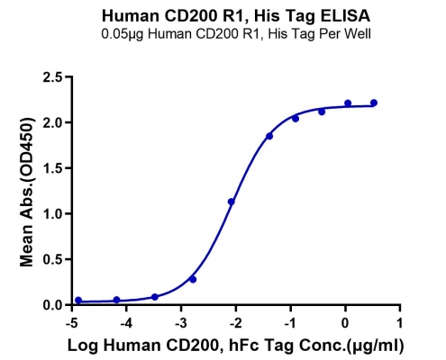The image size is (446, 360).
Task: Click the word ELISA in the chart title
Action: (345, 16)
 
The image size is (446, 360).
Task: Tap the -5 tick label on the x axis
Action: (72, 324)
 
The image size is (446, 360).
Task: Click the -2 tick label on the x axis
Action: (236, 324)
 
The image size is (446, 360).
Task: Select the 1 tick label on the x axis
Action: (400, 324)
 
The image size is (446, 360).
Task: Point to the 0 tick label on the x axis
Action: (345, 324)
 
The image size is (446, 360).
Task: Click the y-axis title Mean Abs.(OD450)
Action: (26, 191)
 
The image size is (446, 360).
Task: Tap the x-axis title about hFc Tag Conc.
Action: (236, 346)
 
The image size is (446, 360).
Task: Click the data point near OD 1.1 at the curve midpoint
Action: (232, 202)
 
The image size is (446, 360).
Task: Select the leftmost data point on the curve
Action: (78, 300)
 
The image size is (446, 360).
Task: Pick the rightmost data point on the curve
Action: (374, 103)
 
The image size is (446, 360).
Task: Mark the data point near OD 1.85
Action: (269, 136)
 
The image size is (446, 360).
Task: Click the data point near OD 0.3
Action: (193, 280)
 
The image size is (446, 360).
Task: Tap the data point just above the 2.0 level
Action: (296, 119)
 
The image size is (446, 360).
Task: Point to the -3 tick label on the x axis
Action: (182, 324)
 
